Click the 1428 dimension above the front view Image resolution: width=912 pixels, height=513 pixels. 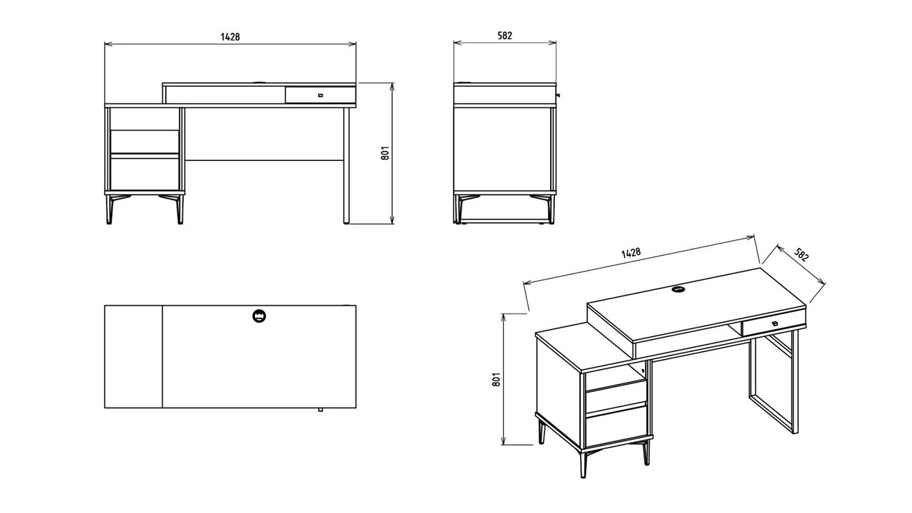tap(230, 36)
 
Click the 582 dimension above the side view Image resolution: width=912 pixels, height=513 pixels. tap(504, 36)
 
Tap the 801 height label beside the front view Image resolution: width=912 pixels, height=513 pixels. tap(385, 153)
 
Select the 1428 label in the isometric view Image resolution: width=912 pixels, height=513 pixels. tap(631, 253)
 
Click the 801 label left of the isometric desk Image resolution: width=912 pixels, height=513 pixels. tap(496, 379)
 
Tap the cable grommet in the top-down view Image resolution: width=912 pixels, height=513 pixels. tap(259, 316)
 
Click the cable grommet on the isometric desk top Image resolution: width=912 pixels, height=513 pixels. tap(678, 289)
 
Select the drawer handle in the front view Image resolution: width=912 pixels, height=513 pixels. tap(321, 95)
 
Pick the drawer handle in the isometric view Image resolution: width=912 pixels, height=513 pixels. tap(774, 323)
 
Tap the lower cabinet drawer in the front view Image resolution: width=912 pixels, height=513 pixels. tap(145, 175)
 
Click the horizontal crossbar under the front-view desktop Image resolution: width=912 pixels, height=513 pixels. tap(264, 160)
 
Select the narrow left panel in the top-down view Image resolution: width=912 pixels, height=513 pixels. tap(133, 357)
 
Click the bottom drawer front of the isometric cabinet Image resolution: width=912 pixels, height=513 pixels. tap(616, 426)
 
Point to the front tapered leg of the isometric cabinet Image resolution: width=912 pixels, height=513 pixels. tap(584, 464)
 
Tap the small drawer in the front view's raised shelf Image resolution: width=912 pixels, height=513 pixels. tap(321, 95)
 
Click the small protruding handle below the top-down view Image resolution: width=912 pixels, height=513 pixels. tap(321, 410)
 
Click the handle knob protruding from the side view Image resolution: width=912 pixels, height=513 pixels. tap(558, 95)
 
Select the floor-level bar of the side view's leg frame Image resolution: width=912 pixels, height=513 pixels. tap(504, 222)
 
